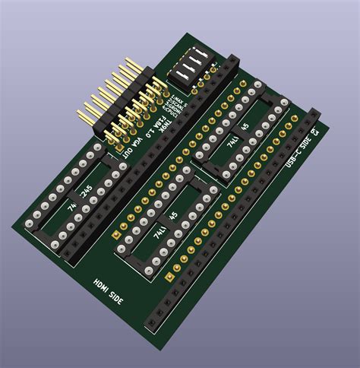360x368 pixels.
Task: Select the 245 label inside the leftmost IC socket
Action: point(86,189)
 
